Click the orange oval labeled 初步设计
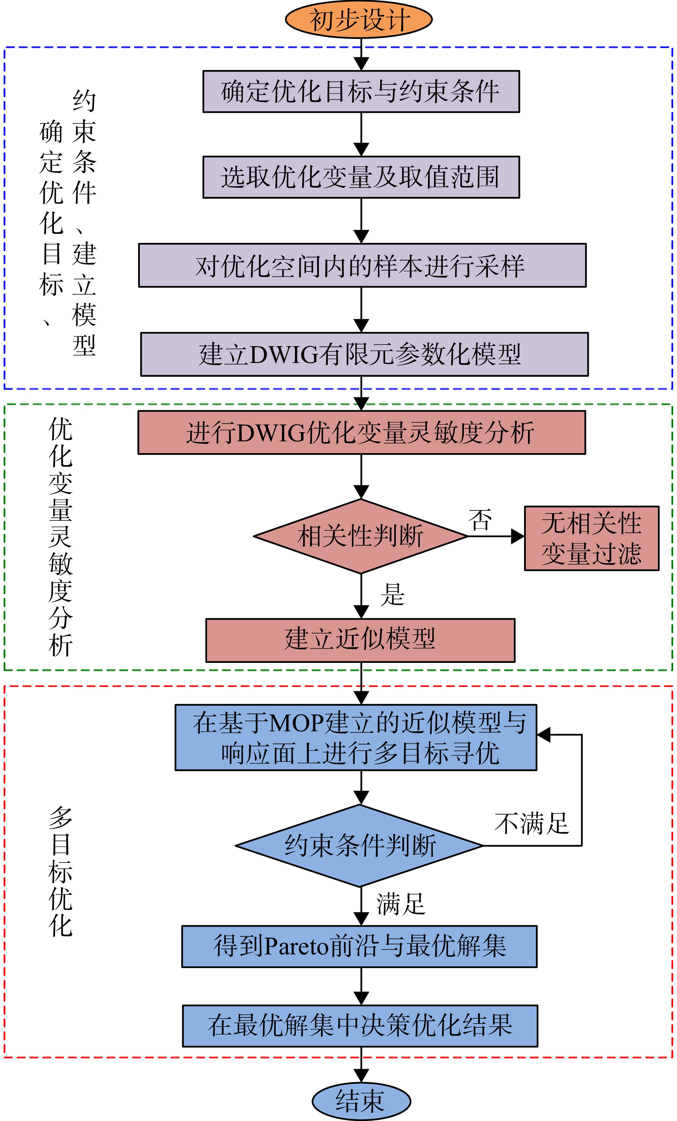[x=358, y=19]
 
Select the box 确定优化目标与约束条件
[x=361, y=91]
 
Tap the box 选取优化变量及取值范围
[x=361, y=177]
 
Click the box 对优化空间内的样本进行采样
[x=362, y=265]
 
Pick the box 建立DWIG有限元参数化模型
[x=364, y=355]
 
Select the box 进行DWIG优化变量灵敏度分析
[x=362, y=432]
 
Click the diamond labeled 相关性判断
[x=361, y=536]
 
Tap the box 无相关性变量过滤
[x=591, y=538]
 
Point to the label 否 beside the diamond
[x=480, y=520]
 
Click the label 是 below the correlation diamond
[x=392, y=594]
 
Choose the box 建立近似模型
[x=360, y=640]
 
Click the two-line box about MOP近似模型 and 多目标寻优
[x=356, y=737]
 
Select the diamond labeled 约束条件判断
[x=360, y=846]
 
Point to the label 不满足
[x=531, y=823]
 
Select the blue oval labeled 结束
[x=361, y=1102]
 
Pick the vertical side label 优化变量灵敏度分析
[x=60, y=537]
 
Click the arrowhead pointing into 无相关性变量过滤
[x=518, y=536]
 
